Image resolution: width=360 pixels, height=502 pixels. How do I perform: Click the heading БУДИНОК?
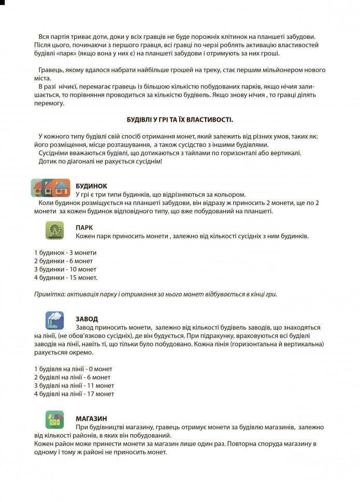[91, 186]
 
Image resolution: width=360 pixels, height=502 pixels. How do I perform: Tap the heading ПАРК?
[84, 227]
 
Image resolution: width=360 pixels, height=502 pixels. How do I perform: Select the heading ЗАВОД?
[87, 319]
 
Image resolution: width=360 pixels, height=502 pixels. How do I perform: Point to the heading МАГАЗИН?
[92, 418]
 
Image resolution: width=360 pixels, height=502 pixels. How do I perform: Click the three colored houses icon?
[50, 187]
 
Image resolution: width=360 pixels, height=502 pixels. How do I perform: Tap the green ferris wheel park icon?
[54, 230]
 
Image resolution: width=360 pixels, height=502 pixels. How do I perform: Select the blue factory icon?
[54, 320]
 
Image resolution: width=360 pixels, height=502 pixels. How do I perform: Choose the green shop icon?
[54, 420]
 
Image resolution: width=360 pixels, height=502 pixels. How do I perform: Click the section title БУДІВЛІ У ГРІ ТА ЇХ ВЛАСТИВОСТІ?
[180, 120]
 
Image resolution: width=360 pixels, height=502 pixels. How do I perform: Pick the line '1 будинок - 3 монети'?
[65, 253]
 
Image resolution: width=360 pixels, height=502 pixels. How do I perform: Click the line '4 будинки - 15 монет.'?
[66, 277]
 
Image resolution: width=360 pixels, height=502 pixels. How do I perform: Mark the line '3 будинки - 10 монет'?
[65, 269]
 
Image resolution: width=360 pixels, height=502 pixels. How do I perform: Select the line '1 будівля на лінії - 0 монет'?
[73, 369]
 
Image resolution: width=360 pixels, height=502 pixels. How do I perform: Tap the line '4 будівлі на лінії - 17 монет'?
[74, 394]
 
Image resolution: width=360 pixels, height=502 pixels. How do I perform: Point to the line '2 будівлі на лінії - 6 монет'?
[73, 377]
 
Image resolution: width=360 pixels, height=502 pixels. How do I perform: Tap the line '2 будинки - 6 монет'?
[64, 261]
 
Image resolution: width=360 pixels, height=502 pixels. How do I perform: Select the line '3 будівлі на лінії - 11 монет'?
[74, 386]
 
